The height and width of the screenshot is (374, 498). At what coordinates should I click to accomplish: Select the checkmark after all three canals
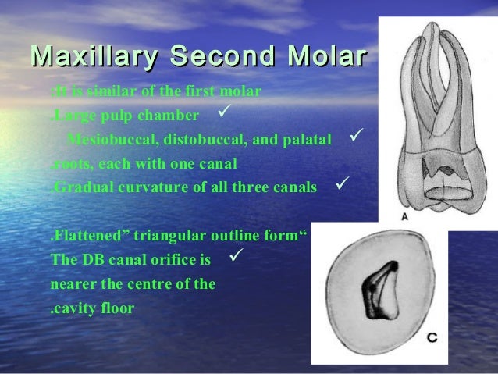coord(341,185)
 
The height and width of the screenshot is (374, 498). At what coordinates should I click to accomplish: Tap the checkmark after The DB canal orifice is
coord(239,255)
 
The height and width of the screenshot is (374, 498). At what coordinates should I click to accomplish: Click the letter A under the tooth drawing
coord(404,216)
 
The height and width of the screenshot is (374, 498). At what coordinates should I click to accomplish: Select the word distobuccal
coord(189,140)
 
